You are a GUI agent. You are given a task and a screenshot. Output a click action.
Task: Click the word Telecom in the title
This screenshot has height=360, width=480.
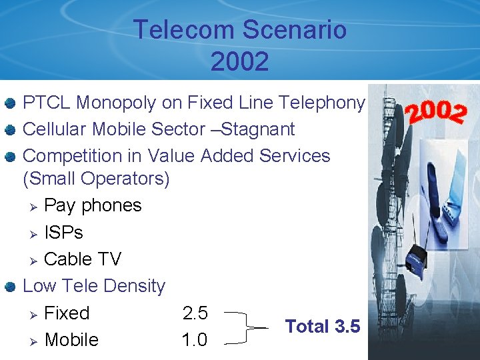175,30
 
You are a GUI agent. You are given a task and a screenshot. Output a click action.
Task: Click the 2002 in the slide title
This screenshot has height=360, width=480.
239,61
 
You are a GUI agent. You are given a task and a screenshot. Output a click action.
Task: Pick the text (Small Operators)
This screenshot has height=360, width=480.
96,179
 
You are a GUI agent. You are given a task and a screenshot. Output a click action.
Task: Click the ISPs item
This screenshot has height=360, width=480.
63,232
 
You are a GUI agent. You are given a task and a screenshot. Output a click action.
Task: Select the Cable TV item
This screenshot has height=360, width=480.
82,259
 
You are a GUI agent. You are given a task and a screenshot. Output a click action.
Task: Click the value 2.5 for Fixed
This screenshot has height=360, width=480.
195,313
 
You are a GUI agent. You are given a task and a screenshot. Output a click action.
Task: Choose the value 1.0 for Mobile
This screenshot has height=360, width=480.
195,340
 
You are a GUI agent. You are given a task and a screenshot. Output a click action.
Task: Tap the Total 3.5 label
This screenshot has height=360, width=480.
323,327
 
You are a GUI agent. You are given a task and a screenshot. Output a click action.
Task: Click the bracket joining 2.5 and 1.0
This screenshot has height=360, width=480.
248,327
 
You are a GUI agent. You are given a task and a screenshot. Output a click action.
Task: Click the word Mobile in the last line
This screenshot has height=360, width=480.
71,340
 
